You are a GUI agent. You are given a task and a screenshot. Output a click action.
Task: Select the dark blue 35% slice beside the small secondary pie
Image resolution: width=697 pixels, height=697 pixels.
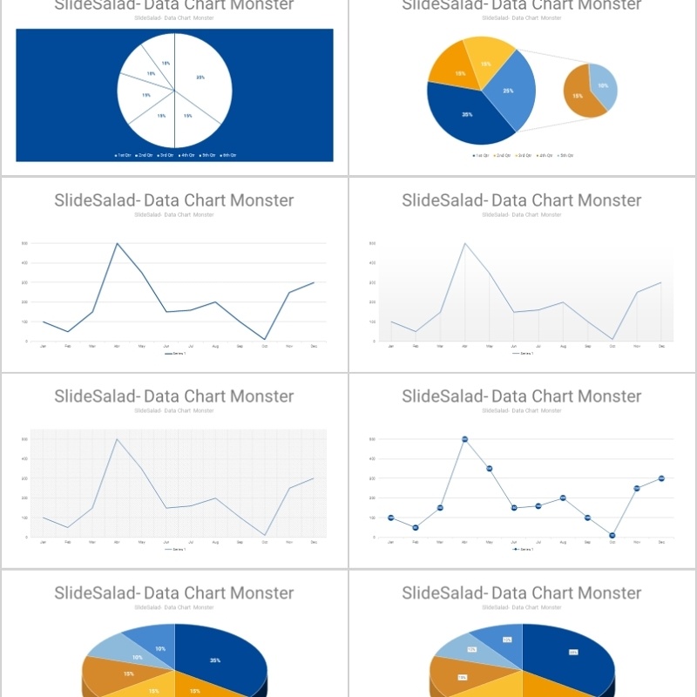(x=466, y=114)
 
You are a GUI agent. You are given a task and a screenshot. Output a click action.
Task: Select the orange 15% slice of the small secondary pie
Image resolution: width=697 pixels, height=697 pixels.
(x=579, y=96)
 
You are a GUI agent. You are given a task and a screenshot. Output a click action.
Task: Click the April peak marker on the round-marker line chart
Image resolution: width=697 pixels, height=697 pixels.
(x=464, y=439)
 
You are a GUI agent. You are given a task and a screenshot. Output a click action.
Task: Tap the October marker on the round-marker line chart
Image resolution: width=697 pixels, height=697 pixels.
(x=612, y=535)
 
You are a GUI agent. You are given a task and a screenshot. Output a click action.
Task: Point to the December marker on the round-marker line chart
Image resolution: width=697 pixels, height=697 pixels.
(x=661, y=478)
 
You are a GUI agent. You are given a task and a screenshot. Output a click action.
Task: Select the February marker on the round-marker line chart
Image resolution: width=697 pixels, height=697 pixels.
(x=416, y=527)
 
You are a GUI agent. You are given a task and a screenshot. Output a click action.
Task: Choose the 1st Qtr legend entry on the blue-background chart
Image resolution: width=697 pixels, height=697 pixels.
(x=123, y=155)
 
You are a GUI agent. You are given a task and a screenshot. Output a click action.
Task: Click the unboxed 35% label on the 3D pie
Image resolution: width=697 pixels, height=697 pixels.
(x=215, y=660)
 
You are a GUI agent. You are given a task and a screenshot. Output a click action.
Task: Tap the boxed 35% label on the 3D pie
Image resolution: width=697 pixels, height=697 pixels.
(x=573, y=652)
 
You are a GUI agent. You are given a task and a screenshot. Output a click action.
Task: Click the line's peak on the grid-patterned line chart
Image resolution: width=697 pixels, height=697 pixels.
(x=117, y=438)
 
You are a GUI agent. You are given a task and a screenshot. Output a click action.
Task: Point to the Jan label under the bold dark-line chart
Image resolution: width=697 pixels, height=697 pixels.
(x=44, y=347)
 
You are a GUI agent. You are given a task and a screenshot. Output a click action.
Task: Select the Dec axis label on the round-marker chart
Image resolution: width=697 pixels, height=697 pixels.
(x=661, y=542)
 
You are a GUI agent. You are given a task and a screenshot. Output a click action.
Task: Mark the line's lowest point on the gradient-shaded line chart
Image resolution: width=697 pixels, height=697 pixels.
(x=613, y=339)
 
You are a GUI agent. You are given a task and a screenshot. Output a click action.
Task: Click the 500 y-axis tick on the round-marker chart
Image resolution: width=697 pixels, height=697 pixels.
(x=372, y=439)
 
